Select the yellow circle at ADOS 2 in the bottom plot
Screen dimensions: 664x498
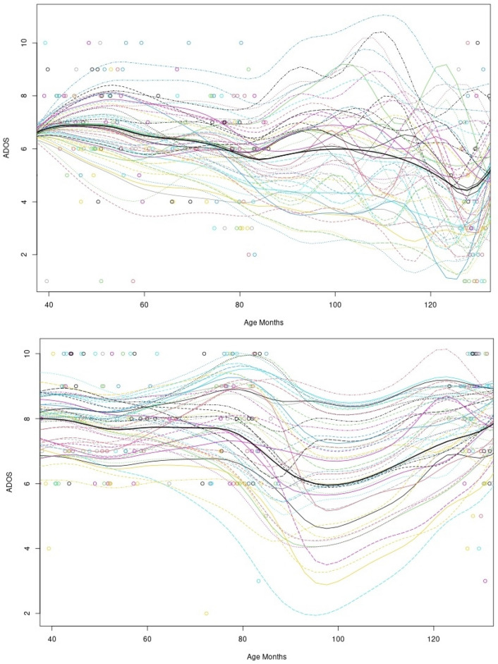point(206,613)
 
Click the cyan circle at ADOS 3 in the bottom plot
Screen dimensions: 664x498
point(259,581)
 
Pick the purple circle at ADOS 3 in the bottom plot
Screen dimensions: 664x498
point(485,581)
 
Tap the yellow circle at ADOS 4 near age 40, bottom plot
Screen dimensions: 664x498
point(49,548)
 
